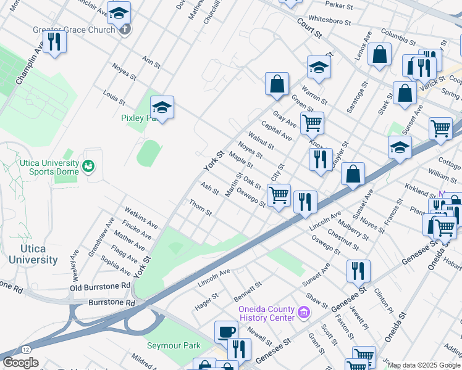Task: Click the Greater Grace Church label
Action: pos(74,30)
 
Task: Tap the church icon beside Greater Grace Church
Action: pos(125,29)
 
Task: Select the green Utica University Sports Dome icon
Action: pos(88,166)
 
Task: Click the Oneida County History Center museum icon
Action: pos(303,313)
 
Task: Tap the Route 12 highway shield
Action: pos(25,349)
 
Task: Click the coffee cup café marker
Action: pos(226,332)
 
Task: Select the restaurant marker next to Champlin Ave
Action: pos(54,42)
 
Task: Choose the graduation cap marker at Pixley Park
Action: pos(162,107)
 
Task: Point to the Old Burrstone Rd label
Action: pos(100,287)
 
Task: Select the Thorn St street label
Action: pos(201,208)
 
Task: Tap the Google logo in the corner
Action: pos(20,363)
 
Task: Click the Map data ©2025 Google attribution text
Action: pos(424,365)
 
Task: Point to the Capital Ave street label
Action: pos(276,131)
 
